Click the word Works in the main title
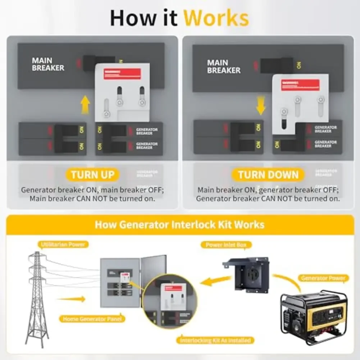point(216,18)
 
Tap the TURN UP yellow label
point(92,175)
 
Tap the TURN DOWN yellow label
point(268,175)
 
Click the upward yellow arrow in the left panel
point(85,105)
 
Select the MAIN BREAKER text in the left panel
point(48,64)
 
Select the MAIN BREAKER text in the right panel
point(223,67)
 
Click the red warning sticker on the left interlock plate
point(122,74)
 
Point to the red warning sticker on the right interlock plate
point(301,85)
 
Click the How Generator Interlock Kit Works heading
point(179,225)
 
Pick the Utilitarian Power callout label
point(63,245)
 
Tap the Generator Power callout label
point(323,278)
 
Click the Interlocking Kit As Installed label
point(215,340)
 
